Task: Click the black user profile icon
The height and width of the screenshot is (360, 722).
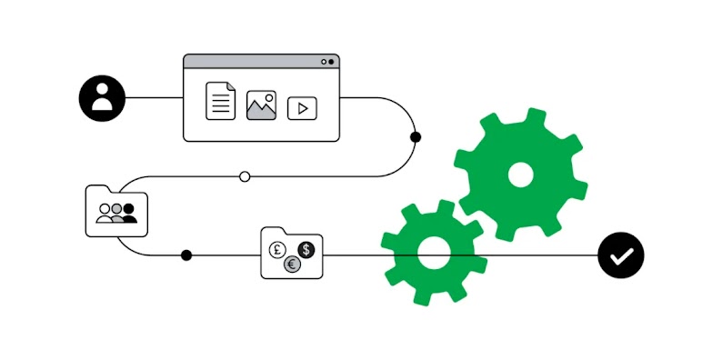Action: (x=101, y=97)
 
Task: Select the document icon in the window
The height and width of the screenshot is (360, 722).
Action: (x=219, y=100)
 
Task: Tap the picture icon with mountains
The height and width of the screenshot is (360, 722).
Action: (x=261, y=105)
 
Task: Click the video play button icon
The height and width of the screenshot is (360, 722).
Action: (x=302, y=108)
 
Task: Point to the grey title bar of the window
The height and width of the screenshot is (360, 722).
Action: (x=260, y=61)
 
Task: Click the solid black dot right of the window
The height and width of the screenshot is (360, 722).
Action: (x=416, y=137)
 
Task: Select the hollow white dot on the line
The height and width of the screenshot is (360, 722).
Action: (x=244, y=176)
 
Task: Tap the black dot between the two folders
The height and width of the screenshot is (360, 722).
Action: (x=186, y=255)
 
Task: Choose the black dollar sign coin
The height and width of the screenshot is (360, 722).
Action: (x=306, y=248)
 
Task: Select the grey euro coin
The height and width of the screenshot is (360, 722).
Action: (x=291, y=265)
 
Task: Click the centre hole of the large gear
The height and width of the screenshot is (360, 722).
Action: (x=519, y=175)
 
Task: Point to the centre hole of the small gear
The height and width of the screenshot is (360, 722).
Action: (x=433, y=255)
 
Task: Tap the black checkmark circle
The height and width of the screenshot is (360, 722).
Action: (x=621, y=255)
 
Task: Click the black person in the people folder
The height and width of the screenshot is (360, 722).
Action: (x=130, y=214)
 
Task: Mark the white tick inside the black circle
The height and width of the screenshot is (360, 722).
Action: (x=621, y=256)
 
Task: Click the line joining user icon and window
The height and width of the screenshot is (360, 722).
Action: (x=153, y=97)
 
